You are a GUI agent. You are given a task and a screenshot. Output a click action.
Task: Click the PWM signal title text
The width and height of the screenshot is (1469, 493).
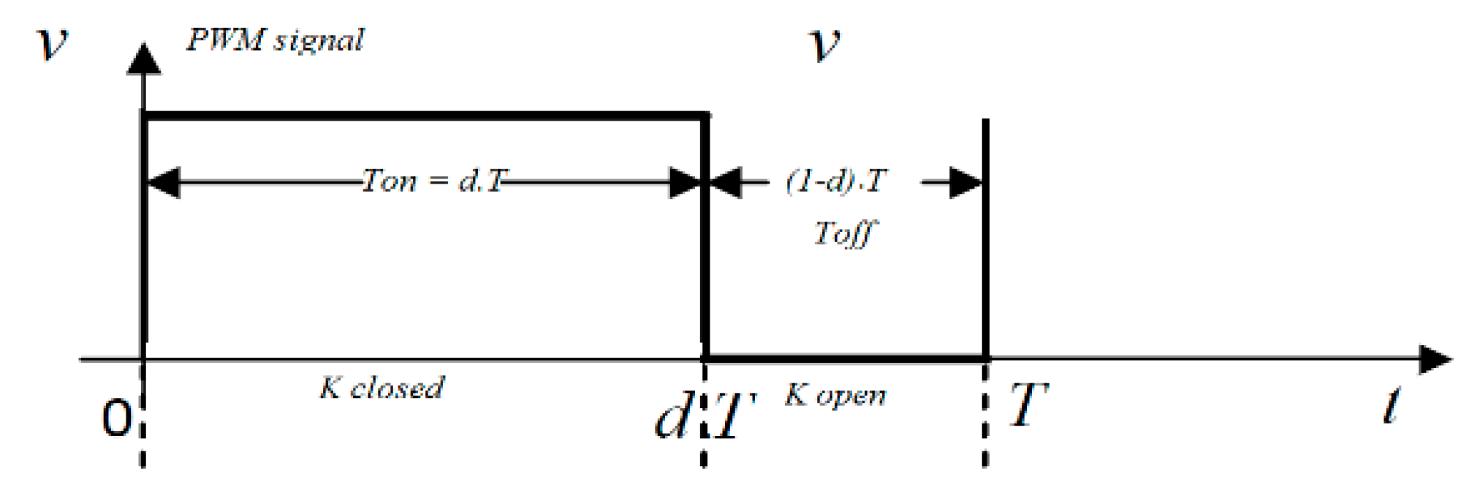(275, 39)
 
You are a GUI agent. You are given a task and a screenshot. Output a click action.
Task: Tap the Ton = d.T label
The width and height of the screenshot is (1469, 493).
(436, 181)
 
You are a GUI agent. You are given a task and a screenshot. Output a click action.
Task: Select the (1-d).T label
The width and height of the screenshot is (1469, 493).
(837, 181)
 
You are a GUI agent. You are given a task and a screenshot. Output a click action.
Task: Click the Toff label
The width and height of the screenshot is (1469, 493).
(844, 234)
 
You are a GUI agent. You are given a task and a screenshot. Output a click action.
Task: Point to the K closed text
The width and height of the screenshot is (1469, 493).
(382, 388)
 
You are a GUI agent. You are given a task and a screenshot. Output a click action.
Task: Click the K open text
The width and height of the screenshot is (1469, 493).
(835, 396)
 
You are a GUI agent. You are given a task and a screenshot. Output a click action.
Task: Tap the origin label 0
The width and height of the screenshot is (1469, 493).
(116, 419)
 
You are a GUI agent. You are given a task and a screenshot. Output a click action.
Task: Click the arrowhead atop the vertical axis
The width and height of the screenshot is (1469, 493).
(144, 59)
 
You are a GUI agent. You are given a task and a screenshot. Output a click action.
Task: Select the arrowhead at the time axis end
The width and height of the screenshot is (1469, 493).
(1435, 360)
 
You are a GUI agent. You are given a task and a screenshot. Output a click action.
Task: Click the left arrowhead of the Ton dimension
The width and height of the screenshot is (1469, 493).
(163, 182)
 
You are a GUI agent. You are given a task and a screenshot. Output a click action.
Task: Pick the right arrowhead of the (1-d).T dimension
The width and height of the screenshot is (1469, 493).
(965, 182)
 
